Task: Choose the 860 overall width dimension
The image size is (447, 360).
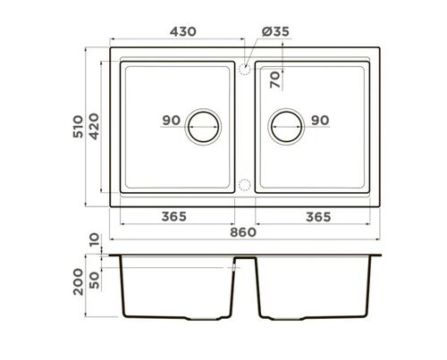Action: click(243, 232)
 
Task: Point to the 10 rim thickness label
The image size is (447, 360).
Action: click(95, 241)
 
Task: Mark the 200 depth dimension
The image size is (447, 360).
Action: click(78, 285)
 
